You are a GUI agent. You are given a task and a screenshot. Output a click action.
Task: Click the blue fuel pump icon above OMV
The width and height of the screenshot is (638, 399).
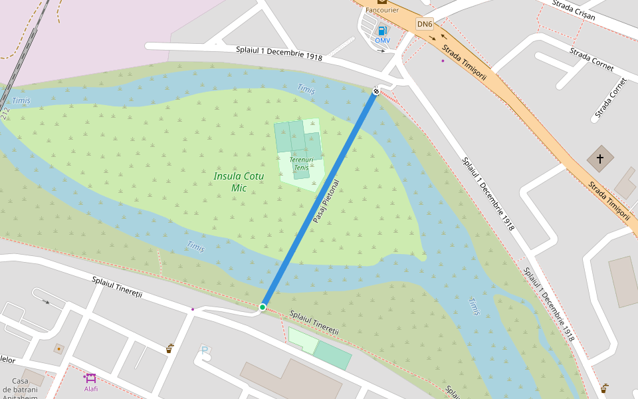[x=382, y=31]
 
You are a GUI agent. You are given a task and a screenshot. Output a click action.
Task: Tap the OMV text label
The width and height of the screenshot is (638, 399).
[x=382, y=41]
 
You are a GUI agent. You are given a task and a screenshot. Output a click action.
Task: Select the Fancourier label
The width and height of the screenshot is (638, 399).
[x=382, y=10]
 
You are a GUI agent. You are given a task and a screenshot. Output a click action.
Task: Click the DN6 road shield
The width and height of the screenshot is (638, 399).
[x=425, y=25]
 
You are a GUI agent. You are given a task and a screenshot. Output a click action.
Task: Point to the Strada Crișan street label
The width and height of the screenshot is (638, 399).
[x=574, y=10]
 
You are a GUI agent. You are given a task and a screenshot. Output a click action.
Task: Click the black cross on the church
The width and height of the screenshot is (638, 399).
[x=600, y=159]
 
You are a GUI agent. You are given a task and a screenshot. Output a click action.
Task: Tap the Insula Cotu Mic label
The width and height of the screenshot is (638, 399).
[x=239, y=182]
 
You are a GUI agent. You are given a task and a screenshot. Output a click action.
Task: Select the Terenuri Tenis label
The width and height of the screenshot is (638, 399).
[x=301, y=164]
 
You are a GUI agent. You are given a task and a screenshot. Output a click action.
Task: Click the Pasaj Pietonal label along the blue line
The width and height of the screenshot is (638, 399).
[x=326, y=201]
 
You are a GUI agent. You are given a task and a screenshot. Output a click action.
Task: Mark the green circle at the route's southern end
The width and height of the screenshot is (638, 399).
[x=263, y=307]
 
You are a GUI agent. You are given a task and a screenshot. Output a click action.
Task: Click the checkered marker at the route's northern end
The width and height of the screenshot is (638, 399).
[x=376, y=90]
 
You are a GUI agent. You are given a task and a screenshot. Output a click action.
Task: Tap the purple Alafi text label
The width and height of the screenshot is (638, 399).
[x=90, y=389]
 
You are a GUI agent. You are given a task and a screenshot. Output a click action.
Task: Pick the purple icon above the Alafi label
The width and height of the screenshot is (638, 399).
[x=90, y=378]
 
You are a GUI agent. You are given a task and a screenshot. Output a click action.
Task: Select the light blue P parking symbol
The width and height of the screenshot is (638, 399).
[x=204, y=350]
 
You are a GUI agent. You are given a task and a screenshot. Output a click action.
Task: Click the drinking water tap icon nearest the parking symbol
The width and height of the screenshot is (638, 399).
[x=169, y=348]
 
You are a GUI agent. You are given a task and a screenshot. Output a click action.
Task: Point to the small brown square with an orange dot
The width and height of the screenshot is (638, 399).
[x=58, y=348]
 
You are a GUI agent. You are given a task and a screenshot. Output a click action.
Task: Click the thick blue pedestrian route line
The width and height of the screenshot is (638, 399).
[x=319, y=199]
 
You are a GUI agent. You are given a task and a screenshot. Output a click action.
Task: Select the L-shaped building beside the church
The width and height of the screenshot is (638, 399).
[x=625, y=183]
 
